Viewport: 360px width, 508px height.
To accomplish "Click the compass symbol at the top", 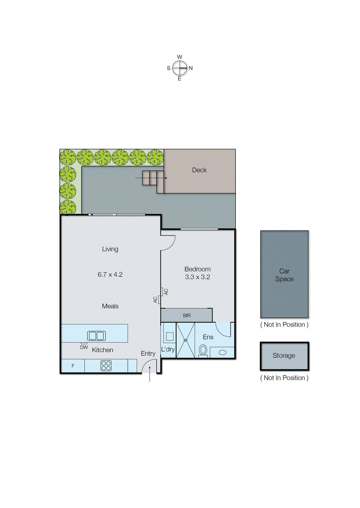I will [180, 68].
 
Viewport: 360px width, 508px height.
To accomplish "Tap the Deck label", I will [199, 170].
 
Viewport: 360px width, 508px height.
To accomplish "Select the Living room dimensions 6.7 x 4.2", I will [110, 275].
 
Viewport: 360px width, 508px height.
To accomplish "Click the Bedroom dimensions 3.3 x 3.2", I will [197, 277].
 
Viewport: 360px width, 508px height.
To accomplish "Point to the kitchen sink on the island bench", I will [96, 336].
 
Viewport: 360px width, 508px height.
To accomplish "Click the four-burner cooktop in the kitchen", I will [106, 366].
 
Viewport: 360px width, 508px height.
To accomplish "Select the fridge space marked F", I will [73, 366].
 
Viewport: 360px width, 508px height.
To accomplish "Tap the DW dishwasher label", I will [84, 347].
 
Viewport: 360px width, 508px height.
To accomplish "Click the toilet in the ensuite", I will [203, 351].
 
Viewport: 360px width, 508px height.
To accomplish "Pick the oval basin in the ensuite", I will [222, 352].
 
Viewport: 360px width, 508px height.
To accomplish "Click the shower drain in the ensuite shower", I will [186, 340].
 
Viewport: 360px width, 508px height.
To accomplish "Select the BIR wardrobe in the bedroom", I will [187, 316].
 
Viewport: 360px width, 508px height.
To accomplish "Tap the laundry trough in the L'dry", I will [170, 337].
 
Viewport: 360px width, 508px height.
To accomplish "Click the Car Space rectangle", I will [284, 274].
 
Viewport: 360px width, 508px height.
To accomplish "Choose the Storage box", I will [284, 356].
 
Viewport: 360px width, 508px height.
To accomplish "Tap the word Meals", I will [110, 306].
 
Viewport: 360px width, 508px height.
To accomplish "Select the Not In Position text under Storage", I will [284, 378].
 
